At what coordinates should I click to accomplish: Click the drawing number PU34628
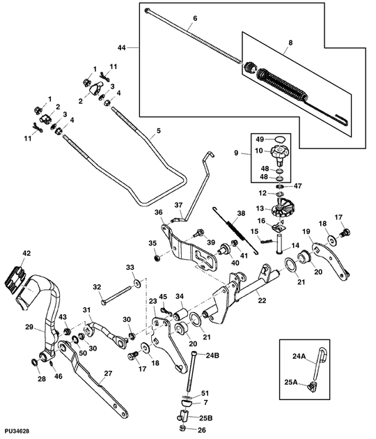(x=16, y=433)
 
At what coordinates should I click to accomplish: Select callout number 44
(x=122, y=47)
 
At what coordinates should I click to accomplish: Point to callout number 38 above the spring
(x=242, y=214)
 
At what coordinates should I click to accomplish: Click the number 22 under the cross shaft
(x=262, y=300)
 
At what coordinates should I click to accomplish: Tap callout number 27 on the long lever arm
(x=108, y=373)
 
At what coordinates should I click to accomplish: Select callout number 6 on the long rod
(x=194, y=17)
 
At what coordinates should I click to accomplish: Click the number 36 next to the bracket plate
(x=158, y=213)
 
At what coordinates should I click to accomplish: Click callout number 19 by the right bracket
(x=306, y=231)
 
